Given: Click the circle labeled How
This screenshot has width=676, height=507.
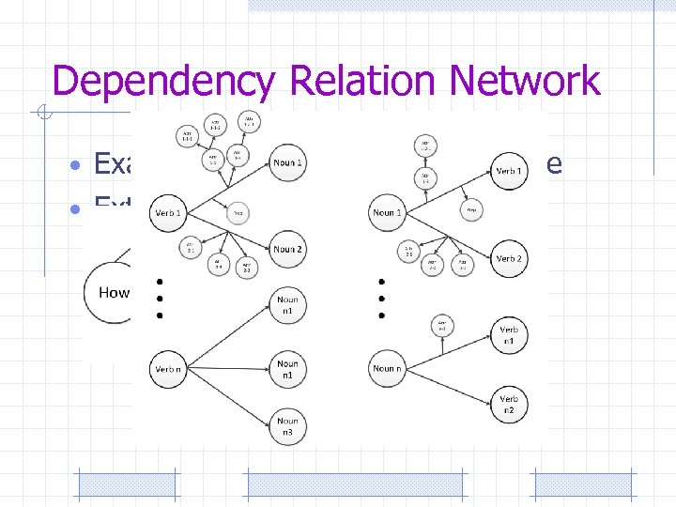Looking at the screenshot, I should [x=114, y=292].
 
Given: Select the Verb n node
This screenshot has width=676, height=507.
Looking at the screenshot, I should [x=169, y=369].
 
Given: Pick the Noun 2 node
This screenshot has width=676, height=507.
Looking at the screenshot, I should [x=287, y=249].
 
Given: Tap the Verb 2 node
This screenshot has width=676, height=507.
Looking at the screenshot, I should [x=509, y=258].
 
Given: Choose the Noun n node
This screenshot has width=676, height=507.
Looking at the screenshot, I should [x=388, y=368].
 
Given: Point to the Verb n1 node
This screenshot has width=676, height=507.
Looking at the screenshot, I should [x=509, y=335].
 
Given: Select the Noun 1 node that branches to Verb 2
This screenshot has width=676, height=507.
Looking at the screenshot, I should [x=388, y=212].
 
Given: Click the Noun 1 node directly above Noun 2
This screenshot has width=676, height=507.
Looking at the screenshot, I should [x=287, y=163].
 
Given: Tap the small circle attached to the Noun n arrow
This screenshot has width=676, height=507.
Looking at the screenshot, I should [x=441, y=326].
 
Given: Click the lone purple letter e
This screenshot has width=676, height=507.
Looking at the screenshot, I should [x=555, y=165].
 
